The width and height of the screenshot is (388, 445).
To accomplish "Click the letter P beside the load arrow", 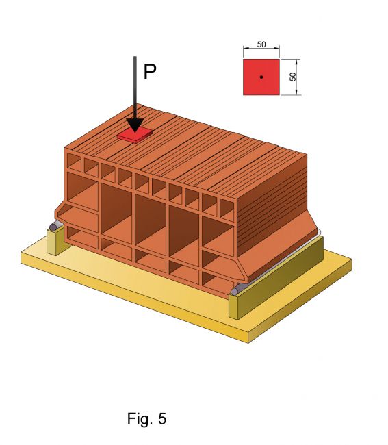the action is point(150,72).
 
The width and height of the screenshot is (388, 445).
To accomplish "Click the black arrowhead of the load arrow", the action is point(135,125).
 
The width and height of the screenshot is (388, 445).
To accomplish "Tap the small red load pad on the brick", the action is point(135,134).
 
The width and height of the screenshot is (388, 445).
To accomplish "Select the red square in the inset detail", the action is point(261,77).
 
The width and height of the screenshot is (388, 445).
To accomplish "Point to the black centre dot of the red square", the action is point(261,77).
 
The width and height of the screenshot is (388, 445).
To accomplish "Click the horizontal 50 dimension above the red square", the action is point(261,44).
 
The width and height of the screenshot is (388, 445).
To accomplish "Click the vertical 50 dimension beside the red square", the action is point(293,77).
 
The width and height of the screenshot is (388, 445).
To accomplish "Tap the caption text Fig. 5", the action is point(146,418).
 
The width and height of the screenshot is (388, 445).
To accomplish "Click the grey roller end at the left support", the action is point(53,227).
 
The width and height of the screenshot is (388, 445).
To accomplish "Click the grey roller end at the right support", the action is point(235,292).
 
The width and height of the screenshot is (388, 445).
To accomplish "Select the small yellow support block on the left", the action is point(56,241).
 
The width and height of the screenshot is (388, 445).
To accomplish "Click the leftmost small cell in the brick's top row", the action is point(74,162).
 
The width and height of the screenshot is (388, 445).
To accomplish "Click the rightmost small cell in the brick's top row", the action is point(227,209).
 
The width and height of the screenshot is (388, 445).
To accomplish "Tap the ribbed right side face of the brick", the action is point(272,204).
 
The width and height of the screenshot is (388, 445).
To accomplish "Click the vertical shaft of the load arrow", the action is point(135,88).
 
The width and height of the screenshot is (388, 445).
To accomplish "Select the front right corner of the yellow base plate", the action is point(248,343).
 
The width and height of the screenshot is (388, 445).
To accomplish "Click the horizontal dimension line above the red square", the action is point(261,48).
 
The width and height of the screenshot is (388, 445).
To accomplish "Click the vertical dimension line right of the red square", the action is point(297,77).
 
